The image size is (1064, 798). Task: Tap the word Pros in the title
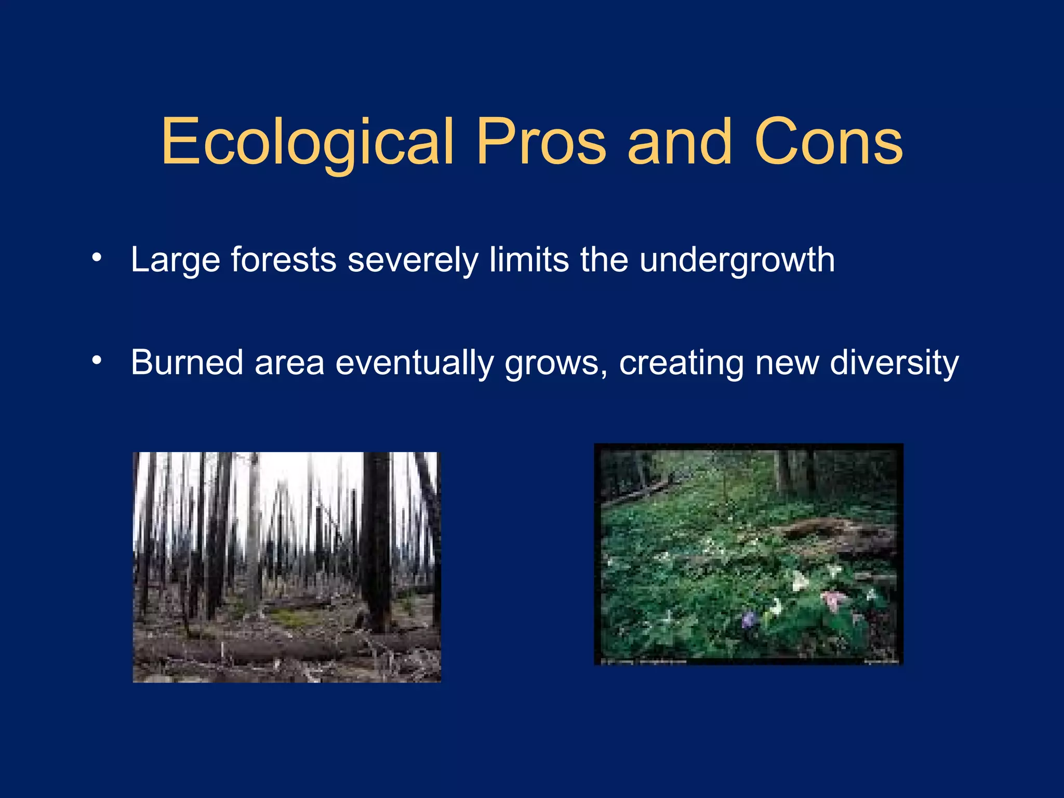541,143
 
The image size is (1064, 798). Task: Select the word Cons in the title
828,143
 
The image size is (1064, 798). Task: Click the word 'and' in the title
680,143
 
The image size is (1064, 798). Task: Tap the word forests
284,260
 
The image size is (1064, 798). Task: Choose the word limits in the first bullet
529,260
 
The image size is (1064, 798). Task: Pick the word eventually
414,363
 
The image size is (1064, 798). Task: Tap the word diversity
894,363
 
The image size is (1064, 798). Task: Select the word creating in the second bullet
681,363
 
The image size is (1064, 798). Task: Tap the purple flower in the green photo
749,619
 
